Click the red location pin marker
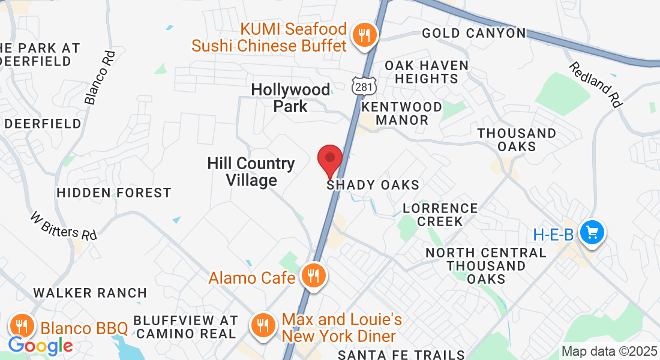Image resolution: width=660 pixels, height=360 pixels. [329, 160]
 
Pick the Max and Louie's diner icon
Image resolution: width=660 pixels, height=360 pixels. [263, 327]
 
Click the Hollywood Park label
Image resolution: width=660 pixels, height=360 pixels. [290, 98]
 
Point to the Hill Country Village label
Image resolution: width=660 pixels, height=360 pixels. [251, 172]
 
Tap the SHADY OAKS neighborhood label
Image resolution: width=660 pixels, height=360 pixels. [373, 185]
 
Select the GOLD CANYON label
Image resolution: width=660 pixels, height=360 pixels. [473, 33]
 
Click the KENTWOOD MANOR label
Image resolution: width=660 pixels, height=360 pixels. [403, 113]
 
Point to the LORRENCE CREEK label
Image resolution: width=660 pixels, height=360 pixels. [440, 215]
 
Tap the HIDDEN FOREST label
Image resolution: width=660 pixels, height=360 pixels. [114, 193]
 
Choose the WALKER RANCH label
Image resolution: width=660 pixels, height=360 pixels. [90, 293]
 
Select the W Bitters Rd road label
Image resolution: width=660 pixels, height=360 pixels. [64, 226]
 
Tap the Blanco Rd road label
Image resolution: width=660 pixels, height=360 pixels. [100, 77]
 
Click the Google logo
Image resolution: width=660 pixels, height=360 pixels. [40, 346]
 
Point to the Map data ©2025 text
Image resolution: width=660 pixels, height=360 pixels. [610, 352]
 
